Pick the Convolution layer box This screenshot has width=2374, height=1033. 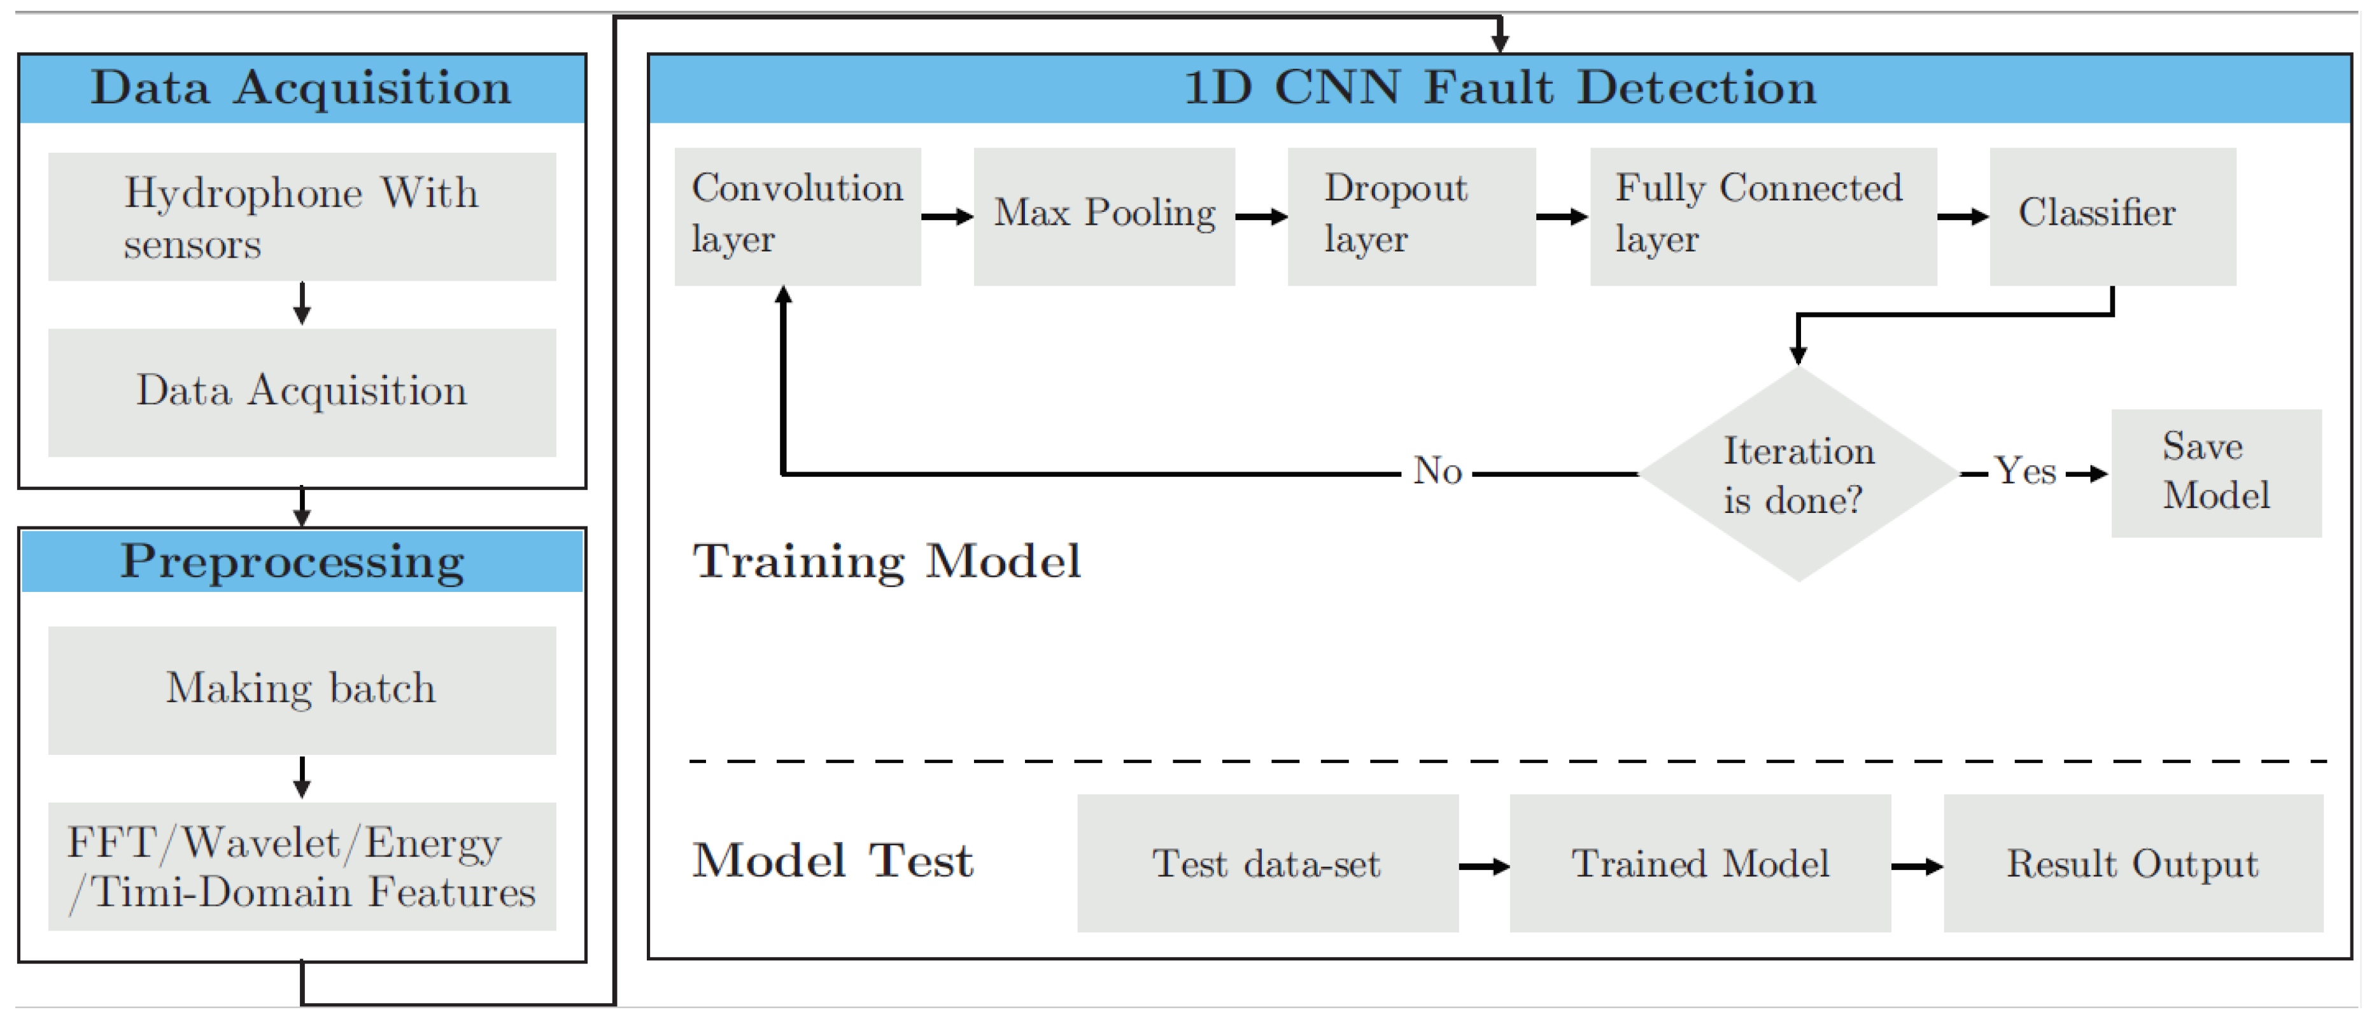tap(797, 216)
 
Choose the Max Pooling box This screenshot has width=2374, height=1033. tap(1103, 216)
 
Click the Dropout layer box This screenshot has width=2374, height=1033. tap(1410, 216)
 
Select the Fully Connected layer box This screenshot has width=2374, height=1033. tap(1762, 216)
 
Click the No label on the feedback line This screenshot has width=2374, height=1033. tap(1437, 472)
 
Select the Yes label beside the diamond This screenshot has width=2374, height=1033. tap(2024, 472)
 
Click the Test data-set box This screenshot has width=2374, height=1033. tap(1266, 864)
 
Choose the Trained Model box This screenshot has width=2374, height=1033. tap(1699, 864)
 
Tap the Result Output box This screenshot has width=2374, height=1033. tap(2133, 864)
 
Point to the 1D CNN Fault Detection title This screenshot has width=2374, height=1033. tap(1499, 88)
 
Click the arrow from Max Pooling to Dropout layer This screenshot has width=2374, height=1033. tap(1260, 216)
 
